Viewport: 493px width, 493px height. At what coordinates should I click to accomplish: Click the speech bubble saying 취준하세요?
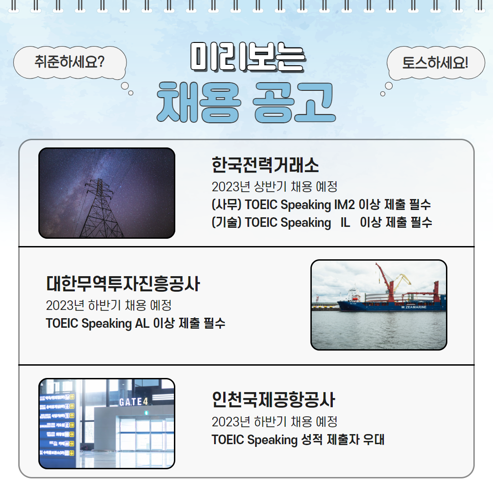[x=69, y=62]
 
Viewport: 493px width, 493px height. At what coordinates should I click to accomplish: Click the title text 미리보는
[x=247, y=58]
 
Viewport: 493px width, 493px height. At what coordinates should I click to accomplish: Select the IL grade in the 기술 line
[x=345, y=223]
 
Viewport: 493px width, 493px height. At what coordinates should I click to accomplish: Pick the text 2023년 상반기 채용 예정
[x=274, y=187]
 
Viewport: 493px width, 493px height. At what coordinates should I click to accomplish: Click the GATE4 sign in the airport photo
[x=133, y=402]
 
